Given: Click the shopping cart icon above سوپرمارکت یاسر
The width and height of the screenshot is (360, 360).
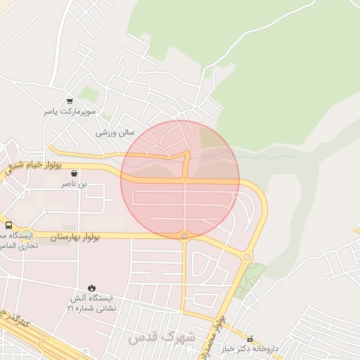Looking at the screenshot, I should [x=69, y=101].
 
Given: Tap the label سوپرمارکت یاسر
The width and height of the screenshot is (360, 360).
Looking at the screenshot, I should [x=69, y=111].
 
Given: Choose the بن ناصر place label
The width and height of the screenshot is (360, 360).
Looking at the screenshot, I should [x=76, y=184].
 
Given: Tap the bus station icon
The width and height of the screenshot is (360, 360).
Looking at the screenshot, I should [x=8, y=225].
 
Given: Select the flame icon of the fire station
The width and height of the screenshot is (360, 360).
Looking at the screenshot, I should [x=90, y=287].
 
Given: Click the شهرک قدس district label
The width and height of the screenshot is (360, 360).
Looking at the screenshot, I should [x=162, y=338].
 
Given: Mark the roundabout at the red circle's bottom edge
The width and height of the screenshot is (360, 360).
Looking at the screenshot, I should [x=185, y=236].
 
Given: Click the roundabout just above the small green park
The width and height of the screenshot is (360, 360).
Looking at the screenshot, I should [x=247, y=257].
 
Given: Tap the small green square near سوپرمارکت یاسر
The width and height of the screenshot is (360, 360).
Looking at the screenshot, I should [x=89, y=94].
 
